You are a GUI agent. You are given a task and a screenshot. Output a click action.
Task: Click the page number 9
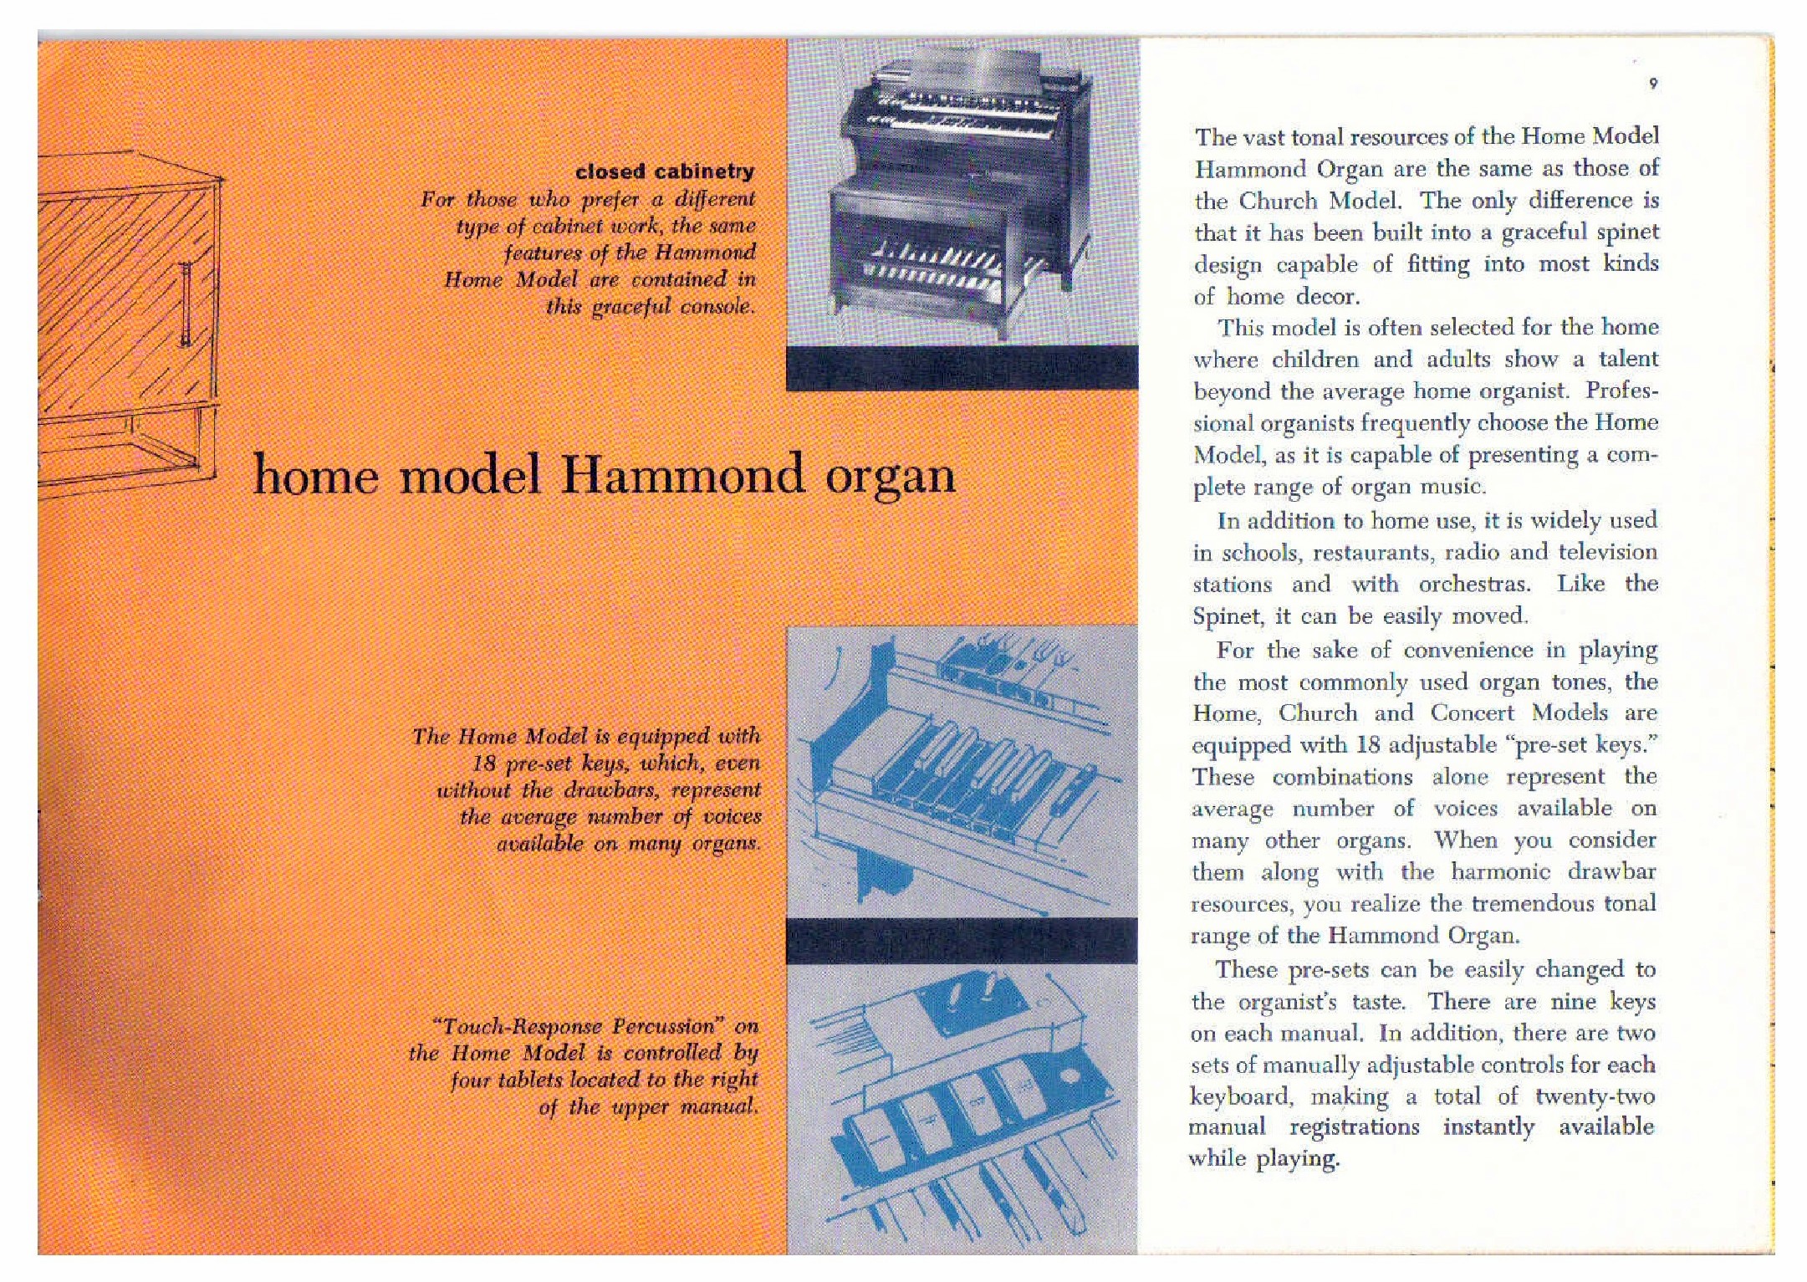click(1653, 83)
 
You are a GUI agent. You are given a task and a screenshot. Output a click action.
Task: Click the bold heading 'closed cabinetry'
click(665, 171)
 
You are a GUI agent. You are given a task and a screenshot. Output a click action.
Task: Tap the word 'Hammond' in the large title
click(682, 475)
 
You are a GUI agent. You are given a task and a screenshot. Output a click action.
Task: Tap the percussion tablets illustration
click(962, 1104)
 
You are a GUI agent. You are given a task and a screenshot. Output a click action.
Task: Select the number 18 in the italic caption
click(485, 764)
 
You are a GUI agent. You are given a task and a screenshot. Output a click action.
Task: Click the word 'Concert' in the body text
click(1472, 713)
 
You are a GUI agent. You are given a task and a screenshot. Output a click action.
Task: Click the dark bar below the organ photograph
click(962, 368)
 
